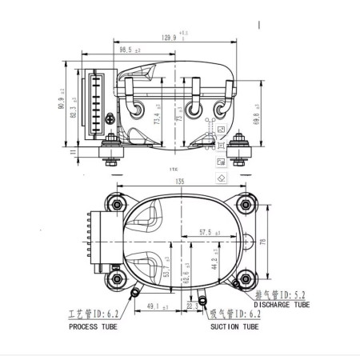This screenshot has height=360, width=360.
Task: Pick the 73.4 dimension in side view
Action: click(159, 118)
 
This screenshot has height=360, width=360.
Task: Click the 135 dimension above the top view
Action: click(180, 182)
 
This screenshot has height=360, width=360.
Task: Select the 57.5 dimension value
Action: click(207, 232)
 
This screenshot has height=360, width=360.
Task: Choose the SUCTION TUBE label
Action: click(234, 326)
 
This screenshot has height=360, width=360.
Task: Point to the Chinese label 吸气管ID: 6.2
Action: click(234, 315)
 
